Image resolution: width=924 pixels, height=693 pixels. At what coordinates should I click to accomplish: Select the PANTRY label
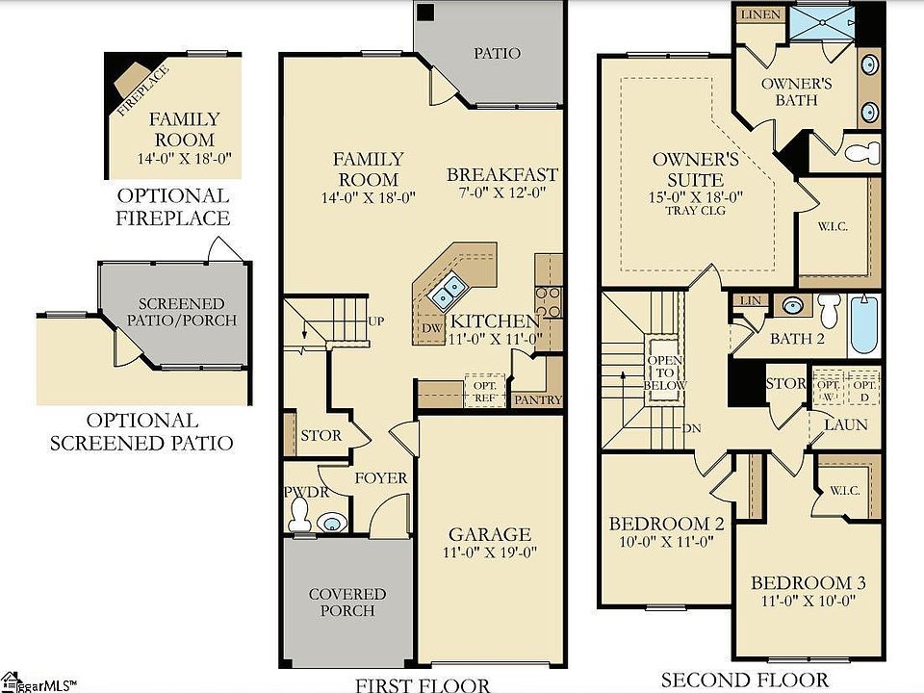[536, 399]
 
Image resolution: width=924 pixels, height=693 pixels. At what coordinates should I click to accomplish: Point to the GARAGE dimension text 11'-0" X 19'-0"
[491, 552]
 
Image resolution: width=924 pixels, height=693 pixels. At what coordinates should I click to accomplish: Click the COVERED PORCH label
[347, 603]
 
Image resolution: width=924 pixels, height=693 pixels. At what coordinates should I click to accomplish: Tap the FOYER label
[381, 478]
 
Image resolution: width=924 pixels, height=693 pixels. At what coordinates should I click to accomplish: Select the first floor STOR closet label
[321, 435]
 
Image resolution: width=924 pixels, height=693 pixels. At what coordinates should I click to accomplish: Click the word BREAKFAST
[501, 174]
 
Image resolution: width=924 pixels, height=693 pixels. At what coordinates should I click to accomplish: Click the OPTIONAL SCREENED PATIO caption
[141, 432]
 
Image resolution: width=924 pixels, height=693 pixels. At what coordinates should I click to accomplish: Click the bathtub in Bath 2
[865, 325]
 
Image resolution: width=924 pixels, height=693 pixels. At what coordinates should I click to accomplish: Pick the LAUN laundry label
[846, 424]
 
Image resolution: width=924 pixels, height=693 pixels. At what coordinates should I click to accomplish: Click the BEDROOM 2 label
[666, 524]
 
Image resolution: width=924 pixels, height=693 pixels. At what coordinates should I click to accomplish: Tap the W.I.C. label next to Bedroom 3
[844, 490]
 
